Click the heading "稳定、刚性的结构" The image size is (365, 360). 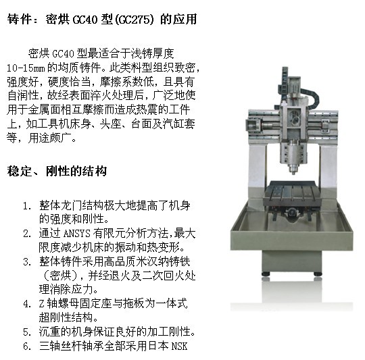point(57,171)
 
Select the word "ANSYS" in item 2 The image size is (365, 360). point(76,234)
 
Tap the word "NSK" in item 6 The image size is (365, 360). point(179,346)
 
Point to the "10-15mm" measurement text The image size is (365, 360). point(26,68)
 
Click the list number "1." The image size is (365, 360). point(27,206)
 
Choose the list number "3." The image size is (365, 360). point(27,262)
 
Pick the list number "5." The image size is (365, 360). point(27,332)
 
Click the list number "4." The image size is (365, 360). point(27,304)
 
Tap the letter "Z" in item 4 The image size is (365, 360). point(42,304)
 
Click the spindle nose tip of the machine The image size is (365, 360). point(293,172)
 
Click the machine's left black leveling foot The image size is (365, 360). point(266,274)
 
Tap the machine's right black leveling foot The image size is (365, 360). point(318,274)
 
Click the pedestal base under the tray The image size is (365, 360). point(292,261)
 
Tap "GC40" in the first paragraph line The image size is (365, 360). point(63,54)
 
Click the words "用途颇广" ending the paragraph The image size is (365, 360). point(49,138)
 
